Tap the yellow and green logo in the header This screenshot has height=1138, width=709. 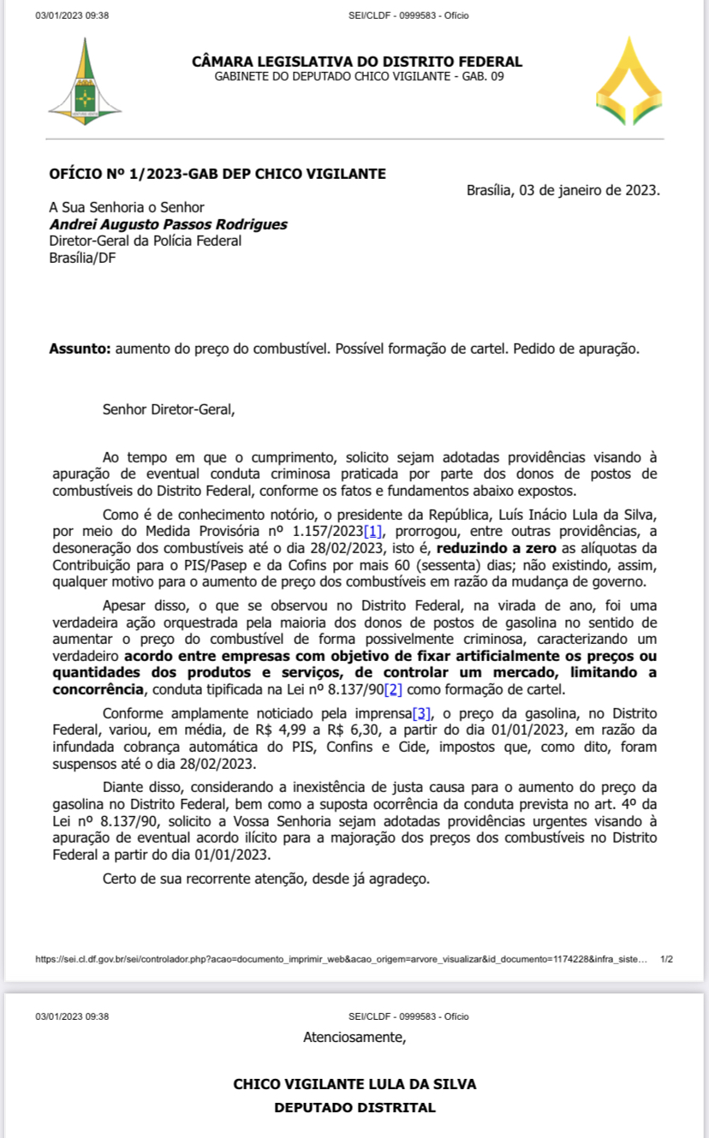[x=629, y=81]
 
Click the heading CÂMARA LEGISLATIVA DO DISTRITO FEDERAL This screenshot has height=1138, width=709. [x=357, y=62]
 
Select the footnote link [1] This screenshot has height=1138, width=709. [x=372, y=532]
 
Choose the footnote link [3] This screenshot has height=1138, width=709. [x=421, y=713]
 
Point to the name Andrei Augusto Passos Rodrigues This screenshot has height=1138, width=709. [x=168, y=224]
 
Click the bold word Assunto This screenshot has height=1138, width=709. [x=79, y=349]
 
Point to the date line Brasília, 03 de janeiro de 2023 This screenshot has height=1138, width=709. [x=563, y=190]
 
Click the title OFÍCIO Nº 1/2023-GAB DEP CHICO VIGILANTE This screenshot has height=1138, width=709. [x=217, y=174]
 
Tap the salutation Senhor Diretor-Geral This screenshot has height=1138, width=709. [x=168, y=409]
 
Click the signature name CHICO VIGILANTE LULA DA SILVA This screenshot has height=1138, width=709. [x=354, y=1084]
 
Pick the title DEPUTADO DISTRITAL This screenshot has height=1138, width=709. [x=354, y=1107]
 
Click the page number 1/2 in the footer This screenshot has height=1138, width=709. [x=667, y=960]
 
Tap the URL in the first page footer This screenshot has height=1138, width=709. [x=341, y=960]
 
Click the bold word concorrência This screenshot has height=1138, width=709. [x=98, y=690]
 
